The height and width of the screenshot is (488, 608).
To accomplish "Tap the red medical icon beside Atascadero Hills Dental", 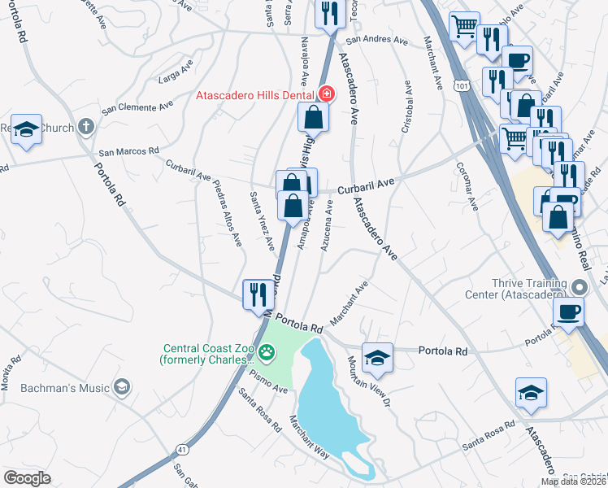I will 326,94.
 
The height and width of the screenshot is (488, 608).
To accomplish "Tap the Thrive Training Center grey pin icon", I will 578,287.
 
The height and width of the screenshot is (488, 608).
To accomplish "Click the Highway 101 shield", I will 463,84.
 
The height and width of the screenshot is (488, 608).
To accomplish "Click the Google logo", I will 27,477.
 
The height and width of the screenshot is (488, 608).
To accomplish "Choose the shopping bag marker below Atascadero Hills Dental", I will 314,119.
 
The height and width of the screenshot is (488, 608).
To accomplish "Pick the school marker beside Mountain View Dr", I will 377,356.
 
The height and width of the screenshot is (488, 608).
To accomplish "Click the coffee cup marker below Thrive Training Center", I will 568,312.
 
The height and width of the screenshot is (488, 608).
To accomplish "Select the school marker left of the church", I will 27,129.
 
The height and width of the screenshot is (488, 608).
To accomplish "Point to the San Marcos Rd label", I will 128,152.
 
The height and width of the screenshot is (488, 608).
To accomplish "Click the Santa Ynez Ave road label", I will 261,221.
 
